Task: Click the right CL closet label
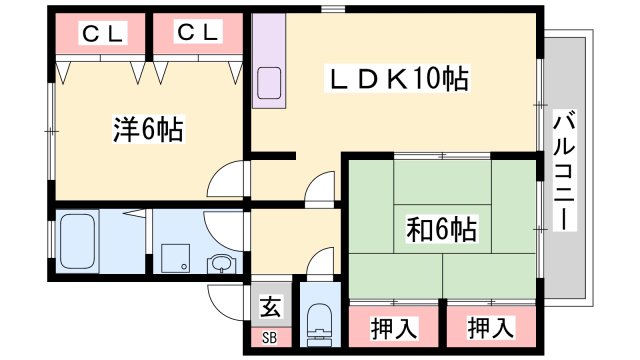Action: click(x=198, y=34)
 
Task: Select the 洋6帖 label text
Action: click(x=146, y=128)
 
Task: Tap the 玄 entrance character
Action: click(x=270, y=308)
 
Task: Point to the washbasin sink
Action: click(x=221, y=264)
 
